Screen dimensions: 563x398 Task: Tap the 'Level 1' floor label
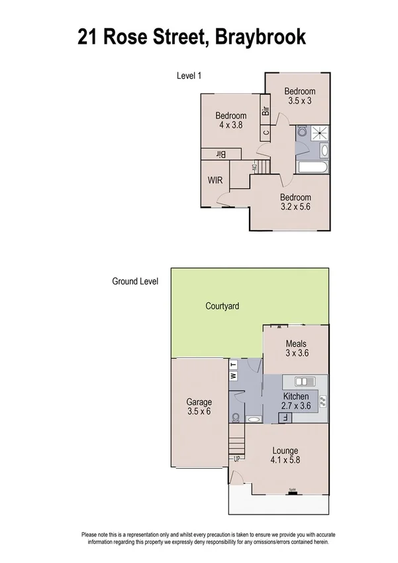click(189, 76)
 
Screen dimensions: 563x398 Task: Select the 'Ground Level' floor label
click(135, 281)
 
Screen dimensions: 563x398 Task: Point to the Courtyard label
click(222, 306)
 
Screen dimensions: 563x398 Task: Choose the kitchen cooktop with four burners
click(323, 401)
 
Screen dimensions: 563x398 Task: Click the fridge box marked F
click(285, 418)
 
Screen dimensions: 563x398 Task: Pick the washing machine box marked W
click(232, 376)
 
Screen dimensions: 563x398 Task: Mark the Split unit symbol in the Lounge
click(292, 491)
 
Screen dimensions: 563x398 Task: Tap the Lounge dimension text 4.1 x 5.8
click(285, 460)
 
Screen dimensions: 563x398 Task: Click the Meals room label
click(296, 344)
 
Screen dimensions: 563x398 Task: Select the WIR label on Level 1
click(215, 180)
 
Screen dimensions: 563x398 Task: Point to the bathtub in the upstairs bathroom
click(312, 167)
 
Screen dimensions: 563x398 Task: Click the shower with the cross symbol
click(320, 132)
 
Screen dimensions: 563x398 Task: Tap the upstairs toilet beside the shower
click(301, 133)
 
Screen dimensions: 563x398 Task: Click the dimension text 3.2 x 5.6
click(295, 206)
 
